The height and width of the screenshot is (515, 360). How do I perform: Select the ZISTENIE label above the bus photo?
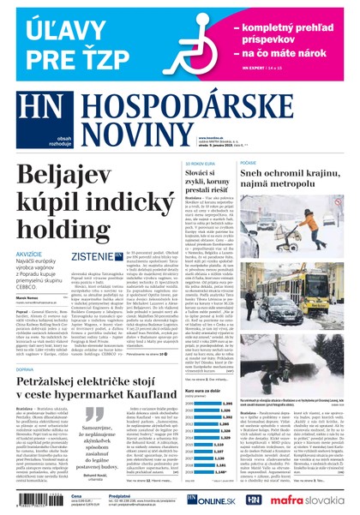tap(92, 255)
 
